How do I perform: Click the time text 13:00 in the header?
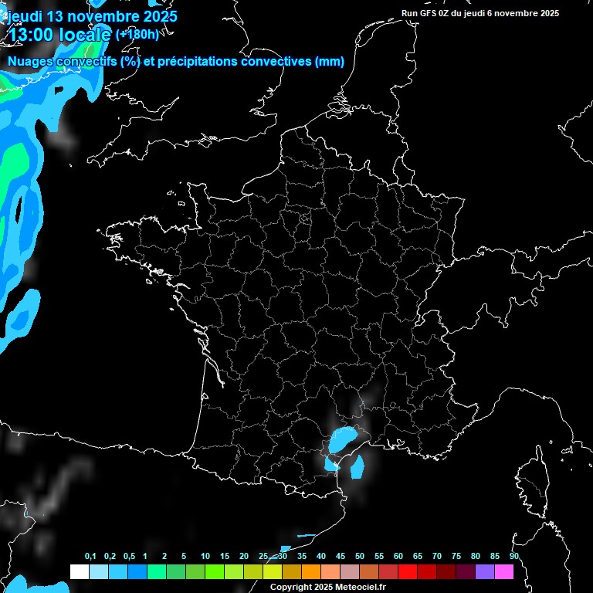(35, 34)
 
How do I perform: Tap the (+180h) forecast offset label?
(137, 34)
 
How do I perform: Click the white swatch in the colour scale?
(79, 571)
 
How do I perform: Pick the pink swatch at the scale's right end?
(504, 571)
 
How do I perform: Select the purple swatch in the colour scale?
(485, 571)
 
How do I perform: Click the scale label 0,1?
(90, 557)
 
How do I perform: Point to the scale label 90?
(514, 557)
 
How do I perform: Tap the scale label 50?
(360, 557)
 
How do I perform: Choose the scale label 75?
(456, 557)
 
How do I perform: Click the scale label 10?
(205, 557)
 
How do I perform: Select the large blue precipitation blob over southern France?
(342, 439)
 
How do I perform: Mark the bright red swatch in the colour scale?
(407, 571)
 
